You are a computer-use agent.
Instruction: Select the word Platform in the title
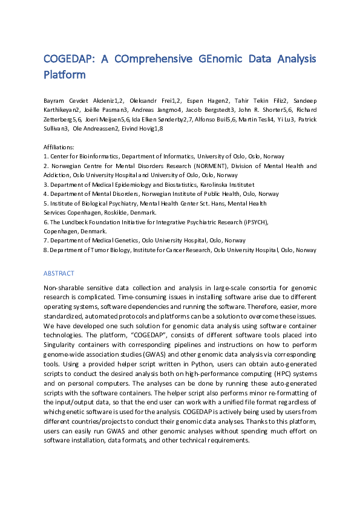[64, 75]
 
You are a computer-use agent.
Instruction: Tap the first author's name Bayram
[54, 100]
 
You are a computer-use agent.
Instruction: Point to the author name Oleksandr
[150, 100]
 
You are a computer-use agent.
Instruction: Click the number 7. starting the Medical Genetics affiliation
[46, 241]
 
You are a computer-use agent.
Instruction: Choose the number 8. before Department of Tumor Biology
[46, 250]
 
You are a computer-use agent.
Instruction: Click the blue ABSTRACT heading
[59, 273]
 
